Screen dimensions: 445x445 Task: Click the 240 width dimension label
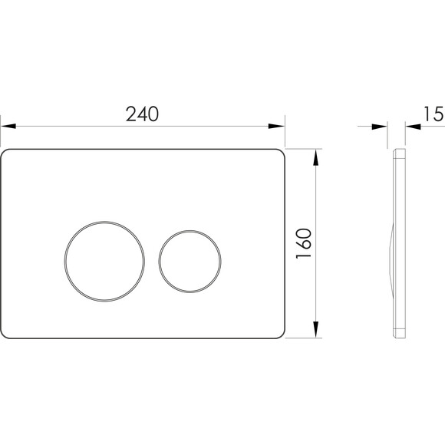pyautogui.click(x=142, y=114)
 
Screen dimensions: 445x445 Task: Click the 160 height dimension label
pyautogui.click(x=304, y=243)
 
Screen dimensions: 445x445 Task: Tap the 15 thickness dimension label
pyautogui.click(x=433, y=114)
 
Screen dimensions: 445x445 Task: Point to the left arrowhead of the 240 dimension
pyautogui.click(x=8, y=126)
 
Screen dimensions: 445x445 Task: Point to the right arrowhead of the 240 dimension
pyautogui.click(x=276, y=126)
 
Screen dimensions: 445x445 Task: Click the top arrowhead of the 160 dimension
pyautogui.click(x=315, y=157)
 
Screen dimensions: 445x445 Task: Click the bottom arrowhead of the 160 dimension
pyautogui.click(x=315, y=329)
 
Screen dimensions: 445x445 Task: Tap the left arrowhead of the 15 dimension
pyautogui.click(x=380, y=127)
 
